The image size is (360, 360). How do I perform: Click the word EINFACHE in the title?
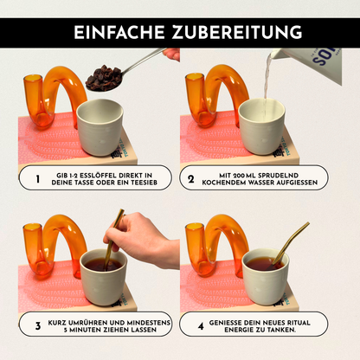coord(116,32)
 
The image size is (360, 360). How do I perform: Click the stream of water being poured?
coord(267,82)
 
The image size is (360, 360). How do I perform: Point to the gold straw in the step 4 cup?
coord(290,243)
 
